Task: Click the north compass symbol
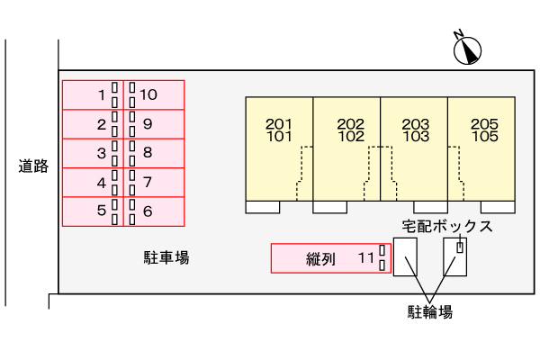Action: [x=467, y=49]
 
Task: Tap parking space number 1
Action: [x=92, y=94]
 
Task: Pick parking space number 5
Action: [x=92, y=211]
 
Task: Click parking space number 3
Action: [x=92, y=153]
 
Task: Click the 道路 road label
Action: [x=33, y=166]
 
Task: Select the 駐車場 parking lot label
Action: [x=166, y=258]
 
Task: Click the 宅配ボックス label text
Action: [x=446, y=226]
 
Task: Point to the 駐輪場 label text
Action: [x=429, y=312]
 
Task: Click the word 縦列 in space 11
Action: [x=320, y=259]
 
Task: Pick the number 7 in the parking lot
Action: [x=147, y=183]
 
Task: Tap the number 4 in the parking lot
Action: [x=102, y=183]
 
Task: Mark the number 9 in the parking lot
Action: [x=147, y=124]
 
